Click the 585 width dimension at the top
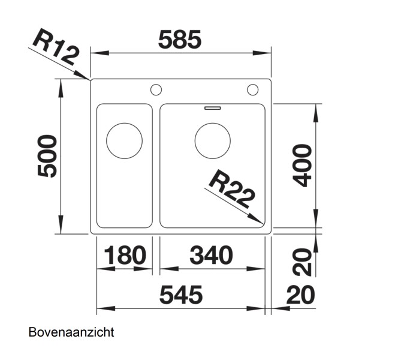point(180,40)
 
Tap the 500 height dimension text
point(47,156)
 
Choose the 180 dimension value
point(125,256)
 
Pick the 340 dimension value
point(211,256)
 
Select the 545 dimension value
point(181,295)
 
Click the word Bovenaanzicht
point(71,332)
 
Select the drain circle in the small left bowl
point(124,141)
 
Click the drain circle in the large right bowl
point(213,141)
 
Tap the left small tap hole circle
point(156,91)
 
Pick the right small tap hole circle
point(252,91)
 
